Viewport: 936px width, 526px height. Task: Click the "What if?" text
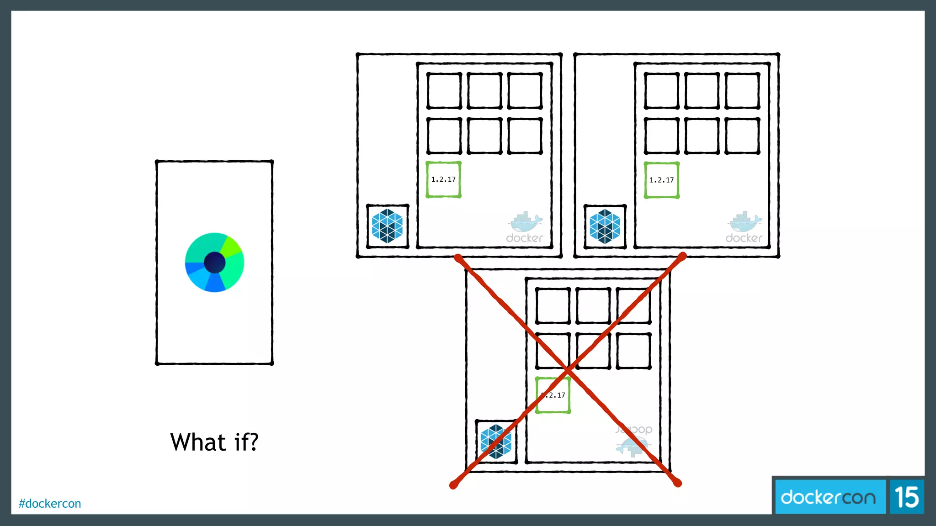[214, 442]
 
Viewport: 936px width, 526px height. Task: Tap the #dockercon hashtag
[50, 504]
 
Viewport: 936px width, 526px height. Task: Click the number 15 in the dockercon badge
[907, 497]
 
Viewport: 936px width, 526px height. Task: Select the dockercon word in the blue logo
[828, 497]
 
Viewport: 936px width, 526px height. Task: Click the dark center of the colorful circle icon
[214, 263]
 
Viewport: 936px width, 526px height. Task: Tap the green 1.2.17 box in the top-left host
[443, 179]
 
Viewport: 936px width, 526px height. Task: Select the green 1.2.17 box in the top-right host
[661, 180]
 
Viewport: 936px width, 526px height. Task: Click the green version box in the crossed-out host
[553, 395]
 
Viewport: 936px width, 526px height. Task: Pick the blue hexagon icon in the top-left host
[388, 226]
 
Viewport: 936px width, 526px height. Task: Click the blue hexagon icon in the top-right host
[605, 226]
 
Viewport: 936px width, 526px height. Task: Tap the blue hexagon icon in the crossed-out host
[496, 442]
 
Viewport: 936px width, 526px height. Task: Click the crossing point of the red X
[567, 368]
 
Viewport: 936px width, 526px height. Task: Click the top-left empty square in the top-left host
[444, 90]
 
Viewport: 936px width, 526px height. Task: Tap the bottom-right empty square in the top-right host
[742, 136]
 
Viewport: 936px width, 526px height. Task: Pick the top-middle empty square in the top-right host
[702, 90]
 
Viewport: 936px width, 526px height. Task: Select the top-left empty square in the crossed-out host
[553, 305]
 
